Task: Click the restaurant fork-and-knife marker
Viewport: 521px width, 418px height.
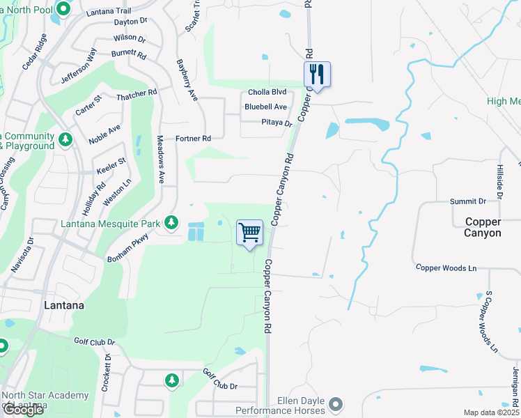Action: coord(317,74)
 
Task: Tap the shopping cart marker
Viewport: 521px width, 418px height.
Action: coord(250,233)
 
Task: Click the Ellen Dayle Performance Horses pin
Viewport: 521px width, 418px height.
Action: coord(336,404)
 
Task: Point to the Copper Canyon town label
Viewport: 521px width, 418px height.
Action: coord(483,227)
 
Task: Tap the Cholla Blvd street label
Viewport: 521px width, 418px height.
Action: coord(268,92)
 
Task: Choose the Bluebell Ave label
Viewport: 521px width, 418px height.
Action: coord(265,107)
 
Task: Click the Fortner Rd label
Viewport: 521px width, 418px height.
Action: coord(193,139)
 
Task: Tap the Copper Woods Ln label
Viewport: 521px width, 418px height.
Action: coord(446,268)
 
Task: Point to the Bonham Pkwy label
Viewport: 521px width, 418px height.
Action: coord(127,249)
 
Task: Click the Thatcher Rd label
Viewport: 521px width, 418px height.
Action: coord(137,94)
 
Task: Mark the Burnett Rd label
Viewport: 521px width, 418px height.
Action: coord(128,54)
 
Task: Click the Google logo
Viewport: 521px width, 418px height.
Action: coord(23,410)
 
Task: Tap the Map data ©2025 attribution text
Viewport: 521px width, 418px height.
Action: coord(492,412)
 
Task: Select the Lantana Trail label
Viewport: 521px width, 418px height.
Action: coord(108,12)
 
